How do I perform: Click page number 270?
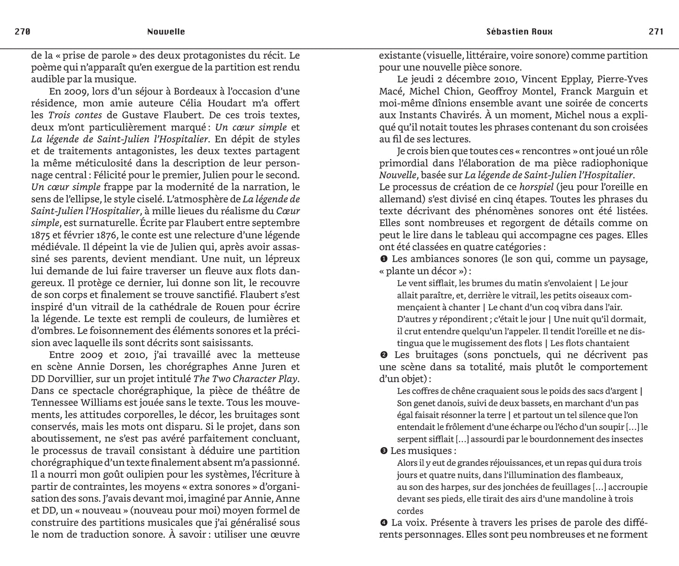tap(23, 32)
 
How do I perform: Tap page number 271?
tap(656, 32)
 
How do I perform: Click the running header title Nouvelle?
tap(166, 32)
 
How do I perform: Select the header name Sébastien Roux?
tap(519, 32)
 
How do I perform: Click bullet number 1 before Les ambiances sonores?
tap(383, 259)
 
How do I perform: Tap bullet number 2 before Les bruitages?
tap(383, 355)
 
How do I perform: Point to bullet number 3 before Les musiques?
tap(383, 451)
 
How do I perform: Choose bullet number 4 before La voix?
tap(383, 523)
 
